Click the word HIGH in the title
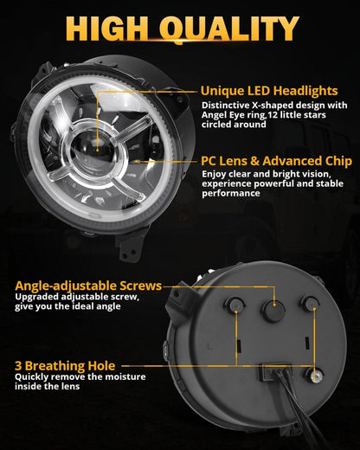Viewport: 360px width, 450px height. click(x=103, y=31)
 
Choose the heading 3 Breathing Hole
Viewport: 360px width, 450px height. click(x=64, y=365)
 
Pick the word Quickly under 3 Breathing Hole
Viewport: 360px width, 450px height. click(x=33, y=376)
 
